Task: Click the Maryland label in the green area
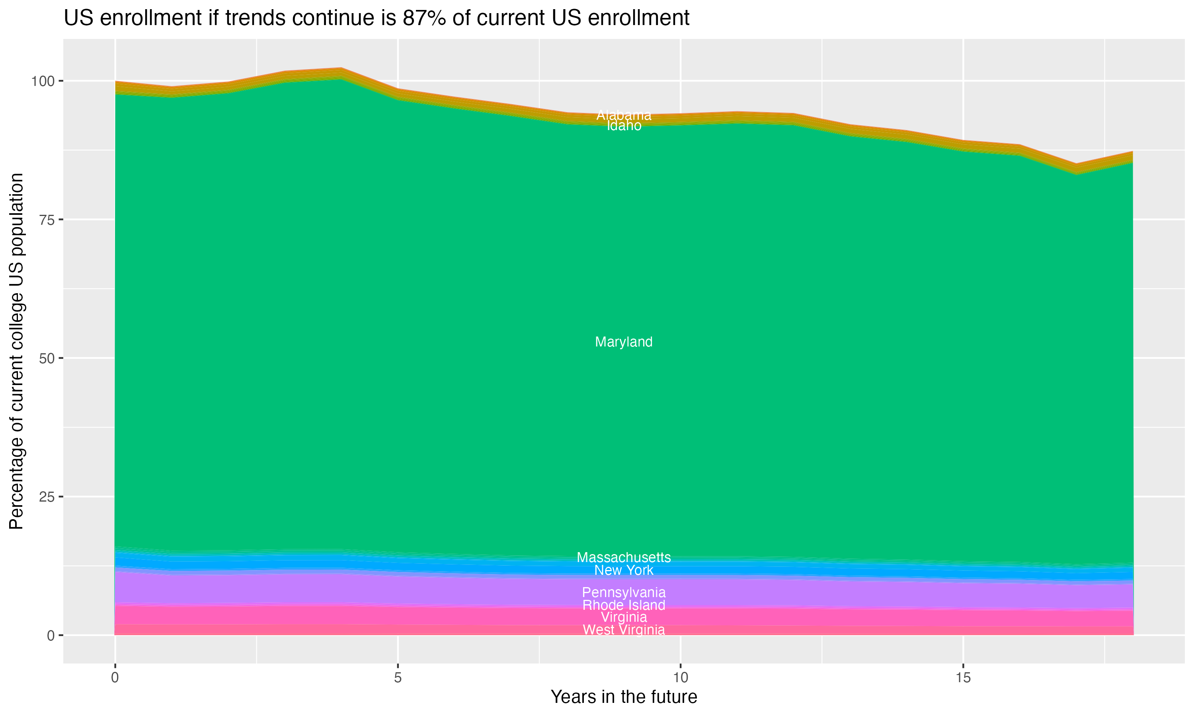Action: tap(624, 342)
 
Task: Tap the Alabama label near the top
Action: tap(624, 115)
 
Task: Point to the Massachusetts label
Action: tap(624, 557)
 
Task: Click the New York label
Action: tap(624, 570)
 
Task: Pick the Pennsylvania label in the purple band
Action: tap(624, 592)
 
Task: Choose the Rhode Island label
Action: tap(624, 605)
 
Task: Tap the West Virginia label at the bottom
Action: tap(624, 630)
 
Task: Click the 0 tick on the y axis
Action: tap(51, 635)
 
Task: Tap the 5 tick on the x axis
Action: tap(398, 678)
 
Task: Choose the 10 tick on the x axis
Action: tap(680, 678)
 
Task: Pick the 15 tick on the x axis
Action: tap(963, 678)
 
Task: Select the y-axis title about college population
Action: tap(16, 351)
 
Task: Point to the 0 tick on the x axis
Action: tap(115, 678)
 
